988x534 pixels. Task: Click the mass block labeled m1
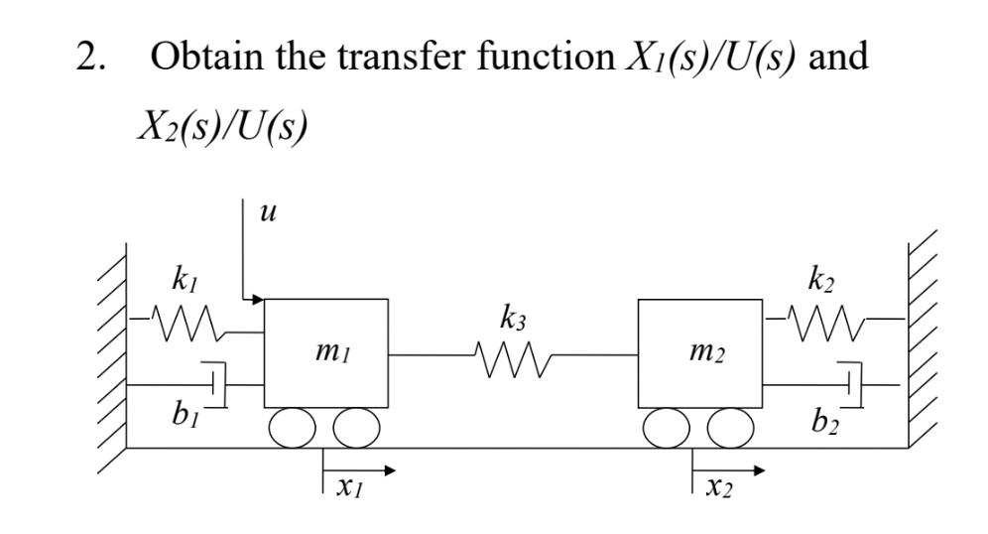326,352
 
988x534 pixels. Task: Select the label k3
513,320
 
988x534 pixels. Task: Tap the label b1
178,415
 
